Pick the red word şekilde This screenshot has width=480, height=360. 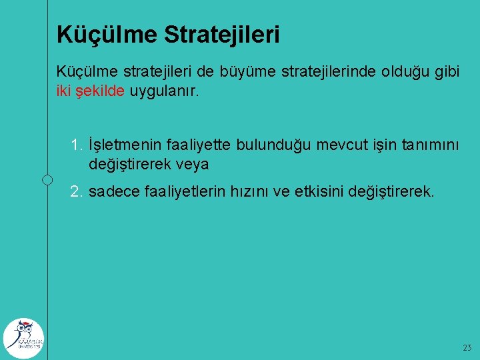pyautogui.click(x=100, y=91)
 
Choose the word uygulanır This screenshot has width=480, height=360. pyautogui.click(x=164, y=91)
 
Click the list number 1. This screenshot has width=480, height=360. pyautogui.click(x=77, y=144)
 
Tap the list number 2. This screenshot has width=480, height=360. pyautogui.click(x=77, y=192)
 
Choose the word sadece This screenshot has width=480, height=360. pyautogui.click(x=114, y=192)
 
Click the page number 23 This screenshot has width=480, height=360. pyautogui.click(x=466, y=348)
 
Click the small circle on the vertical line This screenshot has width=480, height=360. pyautogui.click(x=47, y=179)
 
